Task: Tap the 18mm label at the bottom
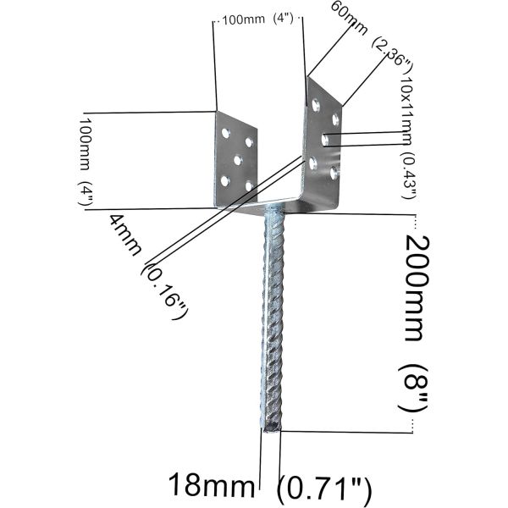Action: tap(211, 486)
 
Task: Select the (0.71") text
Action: tap(326, 487)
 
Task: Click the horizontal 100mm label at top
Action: tap(244, 19)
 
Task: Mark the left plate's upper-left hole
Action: tap(225, 133)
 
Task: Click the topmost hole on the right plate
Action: tap(316, 105)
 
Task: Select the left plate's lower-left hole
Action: tap(224, 179)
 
